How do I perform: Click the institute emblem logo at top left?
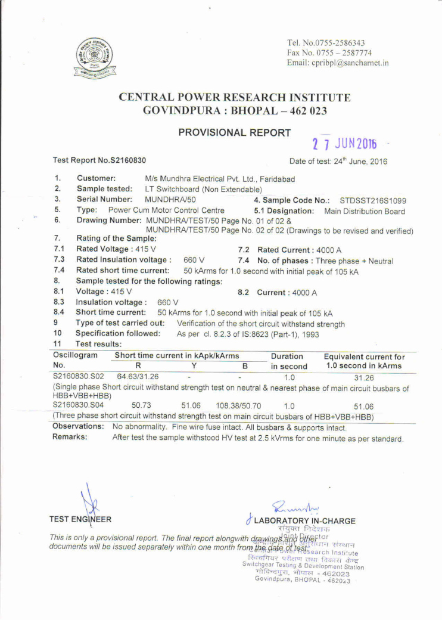pyautogui.click(x=95, y=59)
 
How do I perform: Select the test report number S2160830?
pyautogui.click(x=124, y=160)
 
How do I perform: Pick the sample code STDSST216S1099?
pyautogui.click(x=372, y=200)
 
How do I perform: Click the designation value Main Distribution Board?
pyautogui.click(x=365, y=211)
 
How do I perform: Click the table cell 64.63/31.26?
pyautogui.click(x=138, y=377)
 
